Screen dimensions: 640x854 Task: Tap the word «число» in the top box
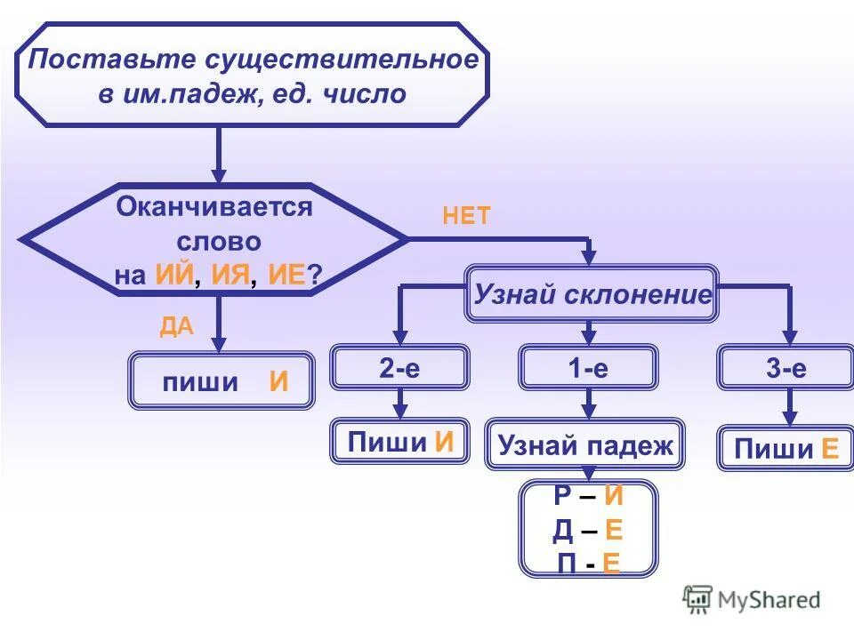[x=365, y=94]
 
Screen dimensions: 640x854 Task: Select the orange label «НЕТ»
[x=466, y=216]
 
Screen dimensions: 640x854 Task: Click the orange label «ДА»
[x=176, y=326]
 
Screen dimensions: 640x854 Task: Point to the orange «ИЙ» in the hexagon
[x=174, y=276]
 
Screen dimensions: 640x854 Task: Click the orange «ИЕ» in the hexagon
[x=287, y=276]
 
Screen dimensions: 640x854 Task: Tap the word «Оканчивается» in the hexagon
[x=214, y=208]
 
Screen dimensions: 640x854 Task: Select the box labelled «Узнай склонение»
[x=592, y=294]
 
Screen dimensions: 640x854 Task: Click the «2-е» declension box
[x=399, y=369]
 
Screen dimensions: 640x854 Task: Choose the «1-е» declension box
[x=588, y=369]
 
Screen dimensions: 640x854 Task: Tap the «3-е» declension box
[x=786, y=369]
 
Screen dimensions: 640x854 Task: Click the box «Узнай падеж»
[x=585, y=444]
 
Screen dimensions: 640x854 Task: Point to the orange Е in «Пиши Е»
[x=830, y=450]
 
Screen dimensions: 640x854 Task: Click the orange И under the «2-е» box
[x=445, y=442]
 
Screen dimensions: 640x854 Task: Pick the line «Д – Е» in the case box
[x=587, y=531]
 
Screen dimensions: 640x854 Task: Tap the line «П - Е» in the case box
[x=587, y=564]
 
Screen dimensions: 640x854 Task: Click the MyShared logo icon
[x=698, y=599]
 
